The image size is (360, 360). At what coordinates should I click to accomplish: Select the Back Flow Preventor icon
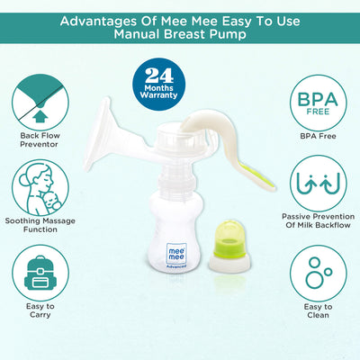point(40,99)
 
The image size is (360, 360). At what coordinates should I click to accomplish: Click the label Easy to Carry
point(40,311)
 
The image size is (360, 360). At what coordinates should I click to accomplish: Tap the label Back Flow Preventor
point(40,140)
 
